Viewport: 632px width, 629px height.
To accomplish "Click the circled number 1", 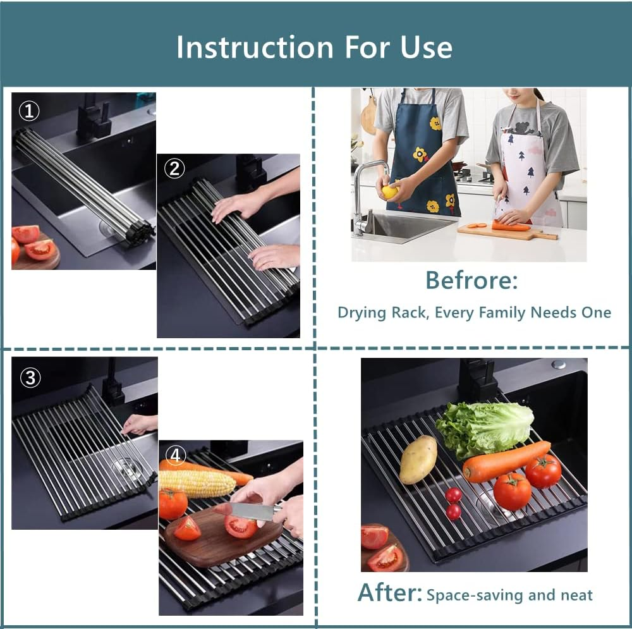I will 29,112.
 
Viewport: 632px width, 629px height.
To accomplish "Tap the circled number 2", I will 175,168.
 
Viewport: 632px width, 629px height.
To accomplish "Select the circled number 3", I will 30,378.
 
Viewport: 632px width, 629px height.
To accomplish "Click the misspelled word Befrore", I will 471,279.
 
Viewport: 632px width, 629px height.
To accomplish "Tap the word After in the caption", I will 389,592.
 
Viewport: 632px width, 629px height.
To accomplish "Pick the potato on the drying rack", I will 418,460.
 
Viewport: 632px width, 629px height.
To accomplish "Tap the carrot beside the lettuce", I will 506,461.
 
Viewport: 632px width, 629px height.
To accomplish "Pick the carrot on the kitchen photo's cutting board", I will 511,226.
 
